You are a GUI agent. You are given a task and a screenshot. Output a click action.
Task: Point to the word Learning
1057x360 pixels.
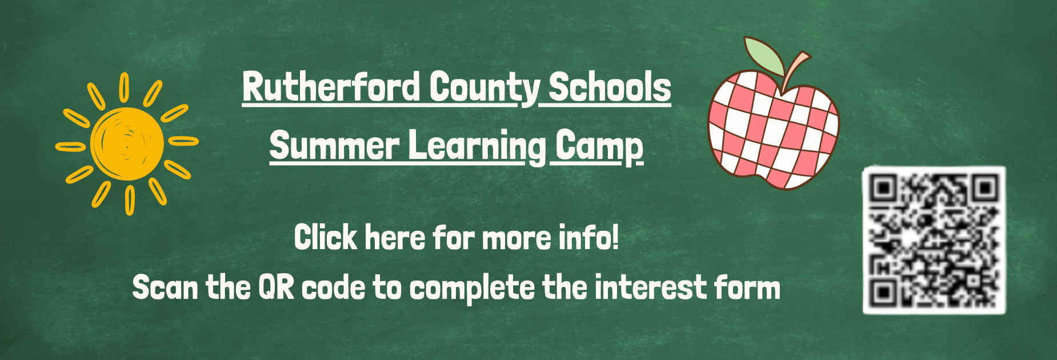pyautogui.click(x=477, y=147)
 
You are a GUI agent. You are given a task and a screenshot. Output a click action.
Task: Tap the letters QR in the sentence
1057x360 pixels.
pyautogui.click(x=276, y=287)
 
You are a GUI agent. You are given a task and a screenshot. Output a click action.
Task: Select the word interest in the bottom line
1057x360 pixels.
pyautogui.click(x=643, y=287)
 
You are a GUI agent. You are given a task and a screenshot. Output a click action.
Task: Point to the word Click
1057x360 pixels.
pyautogui.click(x=325, y=237)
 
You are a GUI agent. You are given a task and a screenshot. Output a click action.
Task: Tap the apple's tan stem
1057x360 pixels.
pyautogui.click(x=795, y=67)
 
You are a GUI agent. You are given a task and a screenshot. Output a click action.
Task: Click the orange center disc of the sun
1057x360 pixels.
pyautogui.click(x=127, y=143)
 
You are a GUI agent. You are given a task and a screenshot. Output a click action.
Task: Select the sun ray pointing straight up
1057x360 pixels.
pyautogui.click(x=124, y=87)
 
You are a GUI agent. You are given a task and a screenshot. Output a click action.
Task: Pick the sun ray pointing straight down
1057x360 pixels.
pyautogui.click(x=130, y=201)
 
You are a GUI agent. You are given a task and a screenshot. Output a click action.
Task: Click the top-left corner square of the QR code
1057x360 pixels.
pyautogui.click(x=884, y=188)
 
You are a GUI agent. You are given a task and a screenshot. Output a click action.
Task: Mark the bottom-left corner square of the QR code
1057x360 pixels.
pyautogui.click(x=883, y=293)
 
